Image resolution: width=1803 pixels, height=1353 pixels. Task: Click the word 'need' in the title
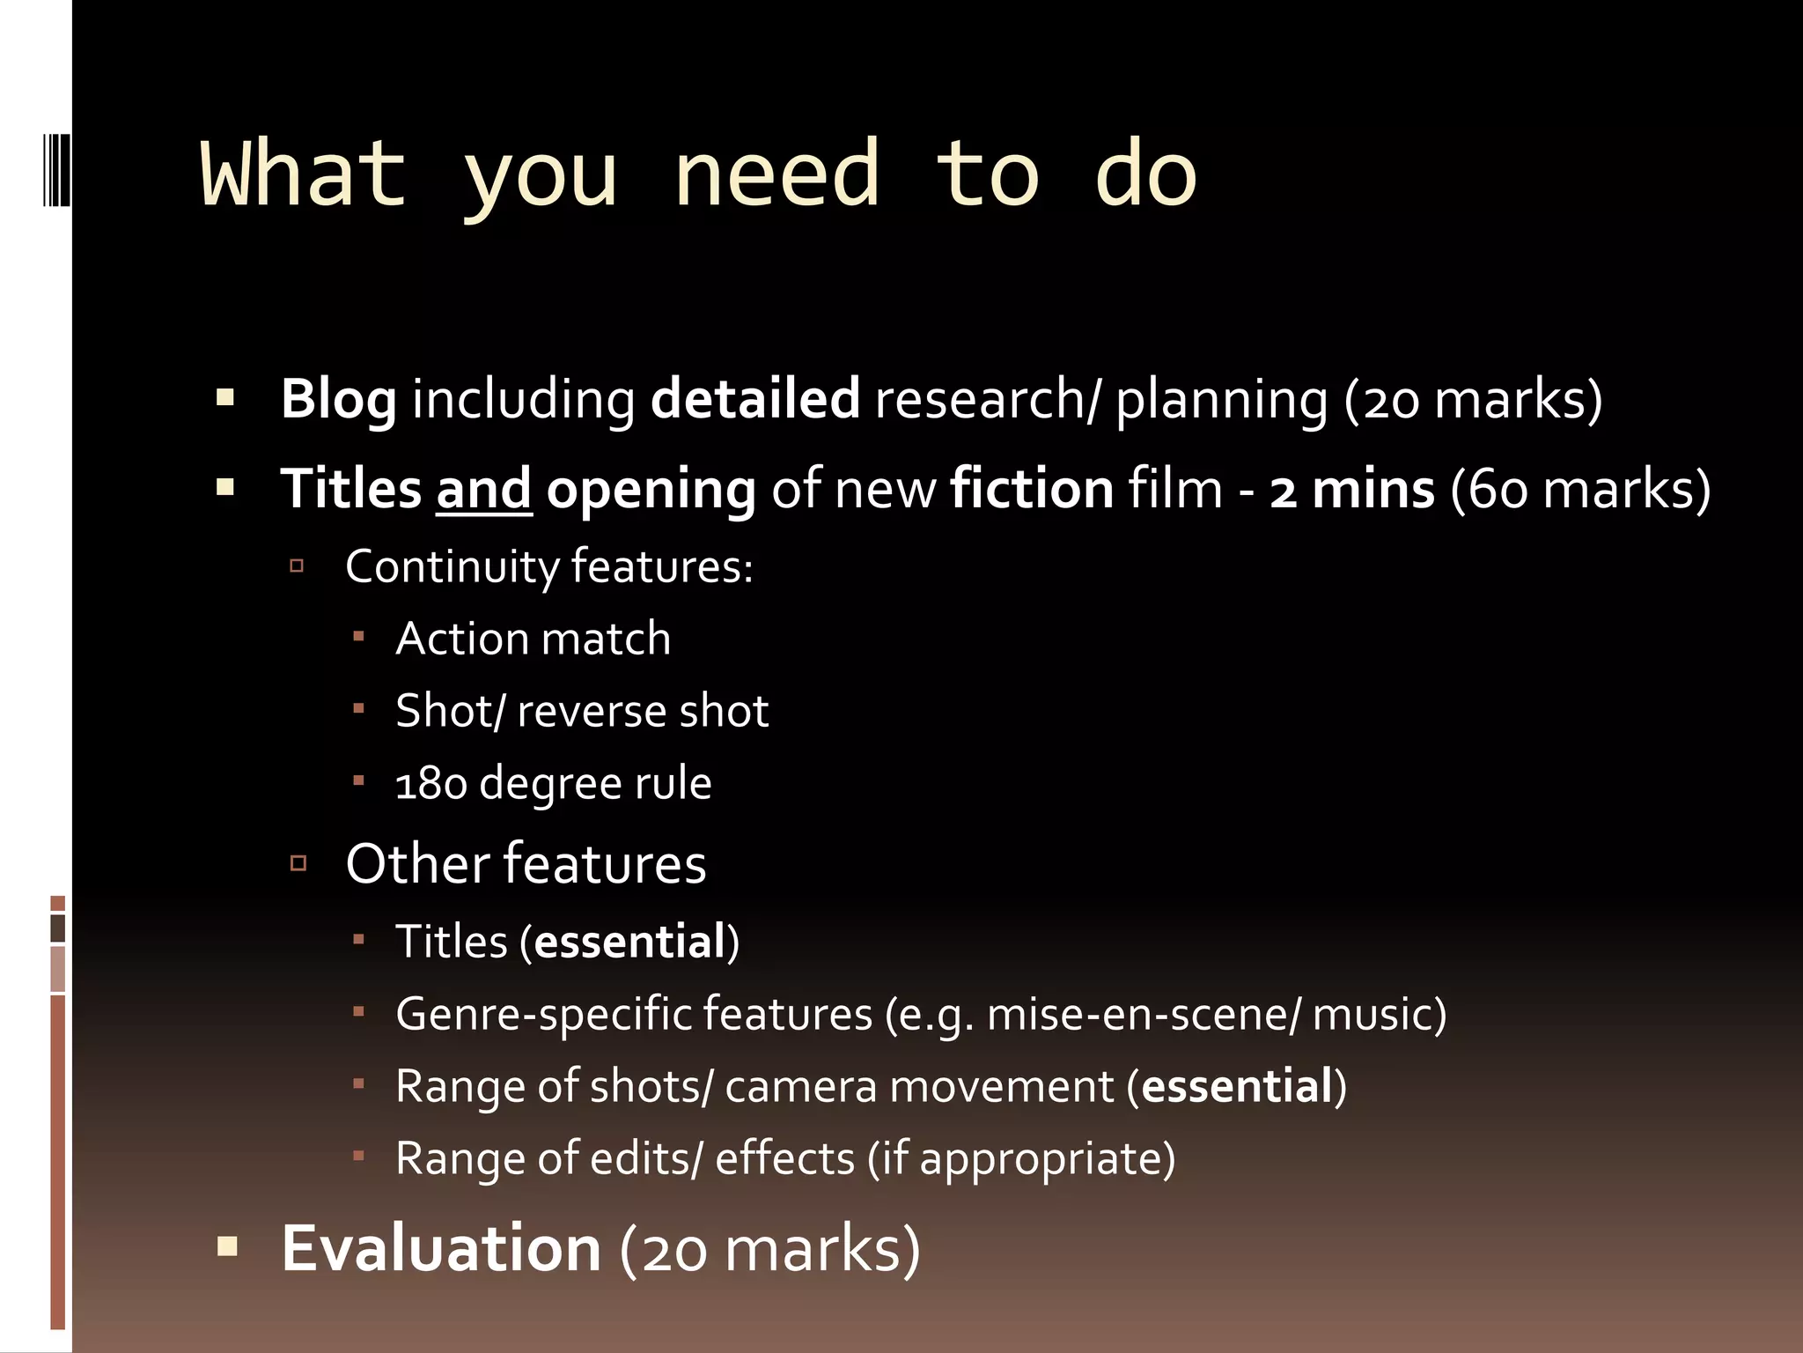(x=776, y=174)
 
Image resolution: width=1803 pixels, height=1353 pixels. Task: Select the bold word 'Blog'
(x=338, y=400)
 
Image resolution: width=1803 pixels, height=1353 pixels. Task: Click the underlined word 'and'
(x=483, y=490)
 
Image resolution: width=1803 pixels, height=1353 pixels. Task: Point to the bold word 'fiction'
(x=1032, y=490)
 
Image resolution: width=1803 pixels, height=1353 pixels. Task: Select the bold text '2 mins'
(x=1351, y=490)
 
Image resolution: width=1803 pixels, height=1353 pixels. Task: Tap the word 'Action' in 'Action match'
(x=457, y=639)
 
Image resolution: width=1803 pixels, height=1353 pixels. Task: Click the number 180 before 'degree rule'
(x=431, y=783)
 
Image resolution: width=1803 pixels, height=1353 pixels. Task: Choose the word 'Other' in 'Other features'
(x=416, y=863)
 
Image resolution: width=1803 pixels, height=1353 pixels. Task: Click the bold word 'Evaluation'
(x=441, y=1248)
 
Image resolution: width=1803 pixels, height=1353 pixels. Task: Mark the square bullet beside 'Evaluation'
(x=227, y=1246)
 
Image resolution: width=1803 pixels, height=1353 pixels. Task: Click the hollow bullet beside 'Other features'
(x=298, y=862)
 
